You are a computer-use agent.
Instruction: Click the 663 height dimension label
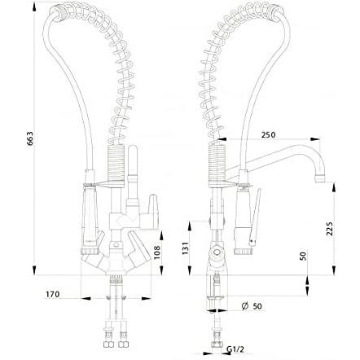tap(30, 138)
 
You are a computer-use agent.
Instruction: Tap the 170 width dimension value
tap(52, 294)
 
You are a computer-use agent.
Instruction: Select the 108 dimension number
tap(157, 252)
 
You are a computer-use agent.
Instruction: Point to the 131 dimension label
tap(184, 248)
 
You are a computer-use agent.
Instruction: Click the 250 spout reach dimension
tap(268, 134)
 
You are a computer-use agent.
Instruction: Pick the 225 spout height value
tap(329, 229)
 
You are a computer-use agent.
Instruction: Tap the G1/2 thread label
tap(235, 349)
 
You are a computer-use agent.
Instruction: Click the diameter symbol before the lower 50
tap(244, 306)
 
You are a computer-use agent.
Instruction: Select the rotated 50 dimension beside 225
tap(303, 256)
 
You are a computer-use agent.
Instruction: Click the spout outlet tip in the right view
tap(320, 179)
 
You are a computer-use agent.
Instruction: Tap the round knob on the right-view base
tap(217, 252)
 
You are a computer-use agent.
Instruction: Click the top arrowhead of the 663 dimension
tap(34, 7)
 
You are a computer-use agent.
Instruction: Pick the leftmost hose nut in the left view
tap(107, 345)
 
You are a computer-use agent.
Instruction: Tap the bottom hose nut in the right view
tap(217, 344)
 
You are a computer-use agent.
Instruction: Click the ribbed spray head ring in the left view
tap(89, 251)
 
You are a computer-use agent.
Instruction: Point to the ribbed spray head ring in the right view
tap(242, 251)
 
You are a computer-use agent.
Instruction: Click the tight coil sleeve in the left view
tap(116, 164)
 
